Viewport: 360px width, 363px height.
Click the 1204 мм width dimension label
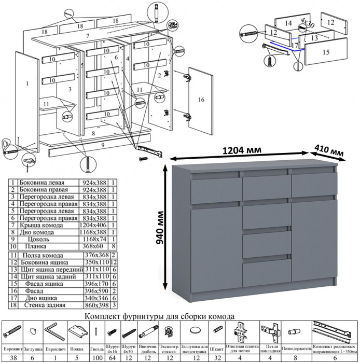click(242, 150)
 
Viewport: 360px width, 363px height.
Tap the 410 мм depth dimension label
click(330, 151)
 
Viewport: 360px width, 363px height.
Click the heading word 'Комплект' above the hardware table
click(105, 316)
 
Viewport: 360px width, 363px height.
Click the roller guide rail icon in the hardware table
click(335, 330)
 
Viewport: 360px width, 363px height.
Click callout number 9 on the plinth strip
click(103, 145)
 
